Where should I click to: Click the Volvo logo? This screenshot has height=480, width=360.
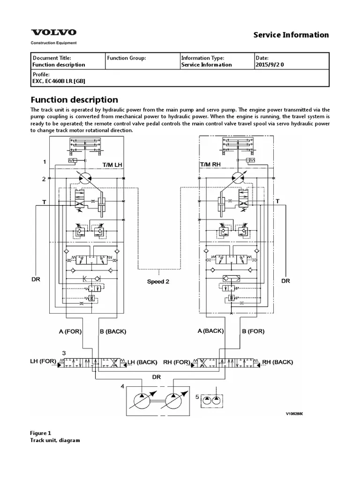click(53, 33)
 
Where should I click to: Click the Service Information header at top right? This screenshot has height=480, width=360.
click(291, 35)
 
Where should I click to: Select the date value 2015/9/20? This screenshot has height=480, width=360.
click(270, 65)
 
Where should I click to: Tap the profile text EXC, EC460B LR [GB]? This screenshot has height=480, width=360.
click(59, 81)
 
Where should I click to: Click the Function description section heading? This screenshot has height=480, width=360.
click(74, 100)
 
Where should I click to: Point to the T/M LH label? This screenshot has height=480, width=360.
click(112, 165)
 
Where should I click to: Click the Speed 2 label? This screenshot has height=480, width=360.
click(158, 282)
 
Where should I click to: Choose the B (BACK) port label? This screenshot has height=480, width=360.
click(113, 331)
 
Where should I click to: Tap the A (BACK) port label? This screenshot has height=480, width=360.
click(210, 331)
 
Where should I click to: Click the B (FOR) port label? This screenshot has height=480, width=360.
click(253, 331)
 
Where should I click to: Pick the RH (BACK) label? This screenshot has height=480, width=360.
click(277, 362)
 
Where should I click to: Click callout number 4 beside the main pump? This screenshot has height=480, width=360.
click(122, 387)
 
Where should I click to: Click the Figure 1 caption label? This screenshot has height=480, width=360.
click(40, 434)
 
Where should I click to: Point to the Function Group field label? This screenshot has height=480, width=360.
click(127, 58)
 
